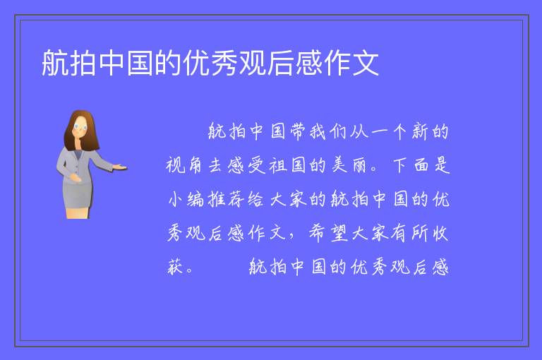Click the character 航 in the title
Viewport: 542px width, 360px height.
pos(56,63)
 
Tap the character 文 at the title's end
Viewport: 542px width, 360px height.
pos(365,63)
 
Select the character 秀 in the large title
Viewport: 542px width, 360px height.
pos(224,63)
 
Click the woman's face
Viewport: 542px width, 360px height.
pos(80,127)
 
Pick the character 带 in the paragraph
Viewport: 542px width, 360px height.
pos(298,131)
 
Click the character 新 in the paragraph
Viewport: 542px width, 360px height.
pos(420,131)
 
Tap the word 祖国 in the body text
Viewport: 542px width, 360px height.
pos(287,165)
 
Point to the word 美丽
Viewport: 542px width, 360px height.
pos(349,165)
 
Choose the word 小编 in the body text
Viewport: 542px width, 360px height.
pos(186,199)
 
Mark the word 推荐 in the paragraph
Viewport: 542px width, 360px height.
pos(226,199)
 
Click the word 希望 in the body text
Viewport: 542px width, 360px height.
pos(328,233)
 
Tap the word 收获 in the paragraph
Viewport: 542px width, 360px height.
pos(440,233)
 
